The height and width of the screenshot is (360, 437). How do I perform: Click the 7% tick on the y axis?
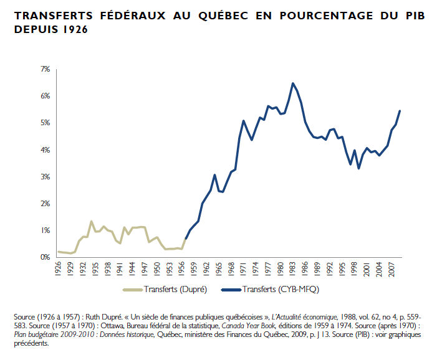[x=46, y=69]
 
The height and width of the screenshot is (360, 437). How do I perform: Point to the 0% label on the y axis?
[x=46, y=257]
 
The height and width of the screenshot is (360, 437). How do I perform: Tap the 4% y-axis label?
[x=46, y=149]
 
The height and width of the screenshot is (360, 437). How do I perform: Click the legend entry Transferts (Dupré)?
[x=166, y=290]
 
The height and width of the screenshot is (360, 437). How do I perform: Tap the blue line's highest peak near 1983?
[x=292, y=83]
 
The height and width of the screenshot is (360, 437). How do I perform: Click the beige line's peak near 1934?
[x=92, y=221]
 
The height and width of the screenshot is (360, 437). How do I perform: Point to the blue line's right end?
[x=400, y=111]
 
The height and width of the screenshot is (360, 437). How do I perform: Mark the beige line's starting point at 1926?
[x=59, y=252]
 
